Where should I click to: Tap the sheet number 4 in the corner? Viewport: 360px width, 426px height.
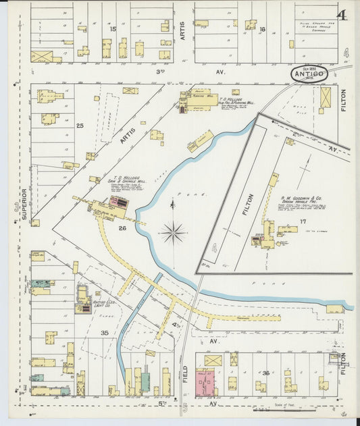[342, 15]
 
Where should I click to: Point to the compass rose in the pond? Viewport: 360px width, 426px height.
[174, 232]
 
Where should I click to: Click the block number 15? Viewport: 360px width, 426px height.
[113, 29]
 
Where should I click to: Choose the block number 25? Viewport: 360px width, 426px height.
[80, 126]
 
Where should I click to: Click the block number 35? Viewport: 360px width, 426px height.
[104, 333]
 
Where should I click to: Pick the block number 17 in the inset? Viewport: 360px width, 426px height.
[303, 221]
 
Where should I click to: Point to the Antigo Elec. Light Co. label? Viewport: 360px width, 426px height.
[103, 304]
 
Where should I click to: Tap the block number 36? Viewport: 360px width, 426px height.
[267, 373]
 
